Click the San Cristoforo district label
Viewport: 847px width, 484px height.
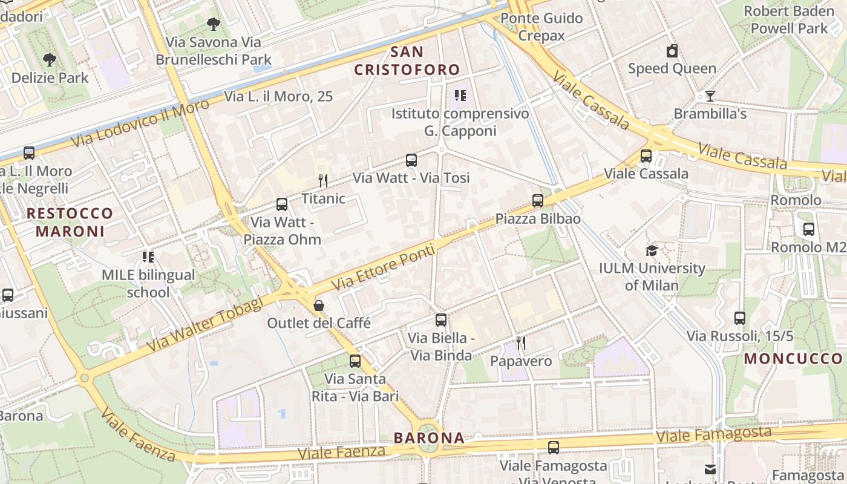pyautogui.click(x=407, y=61)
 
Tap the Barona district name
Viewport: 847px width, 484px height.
pyautogui.click(x=429, y=438)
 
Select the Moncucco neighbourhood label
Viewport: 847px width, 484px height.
pyautogui.click(x=793, y=358)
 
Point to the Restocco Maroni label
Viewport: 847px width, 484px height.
pyautogui.click(x=70, y=222)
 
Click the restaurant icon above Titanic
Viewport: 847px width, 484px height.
pyautogui.click(x=323, y=180)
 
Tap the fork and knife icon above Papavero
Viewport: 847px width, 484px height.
pyautogui.click(x=520, y=343)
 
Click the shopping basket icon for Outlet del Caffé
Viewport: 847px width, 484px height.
pyautogui.click(x=319, y=306)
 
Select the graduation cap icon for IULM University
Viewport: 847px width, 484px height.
pyautogui.click(x=652, y=250)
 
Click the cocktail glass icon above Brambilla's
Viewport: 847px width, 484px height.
pyautogui.click(x=710, y=96)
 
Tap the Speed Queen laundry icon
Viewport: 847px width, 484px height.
pyautogui.click(x=672, y=51)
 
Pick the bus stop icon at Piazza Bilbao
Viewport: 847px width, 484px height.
pyautogui.click(x=538, y=201)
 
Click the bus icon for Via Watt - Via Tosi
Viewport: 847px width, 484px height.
pyautogui.click(x=411, y=160)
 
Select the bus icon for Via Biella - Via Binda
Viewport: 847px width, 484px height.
pyautogui.click(x=441, y=320)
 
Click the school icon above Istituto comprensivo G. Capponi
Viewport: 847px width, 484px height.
pyautogui.click(x=460, y=96)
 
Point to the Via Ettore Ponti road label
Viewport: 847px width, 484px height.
pyautogui.click(x=384, y=267)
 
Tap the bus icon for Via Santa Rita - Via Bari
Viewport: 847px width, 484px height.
pyautogui.click(x=355, y=361)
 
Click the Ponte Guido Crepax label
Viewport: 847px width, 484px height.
pyautogui.click(x=541, y=27)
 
